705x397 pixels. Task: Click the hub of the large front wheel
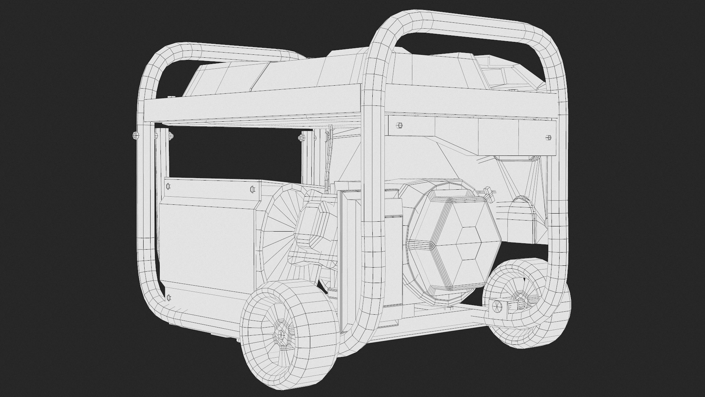(x=282, y=335)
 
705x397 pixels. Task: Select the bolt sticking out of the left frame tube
(x=135, y=136)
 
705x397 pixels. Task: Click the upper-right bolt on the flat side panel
(x=252, y=189)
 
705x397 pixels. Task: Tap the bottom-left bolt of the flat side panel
(x=169, y=297)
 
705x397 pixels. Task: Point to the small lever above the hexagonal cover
(x=488, y=191)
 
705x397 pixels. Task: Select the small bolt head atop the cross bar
(x=170, y=97)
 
